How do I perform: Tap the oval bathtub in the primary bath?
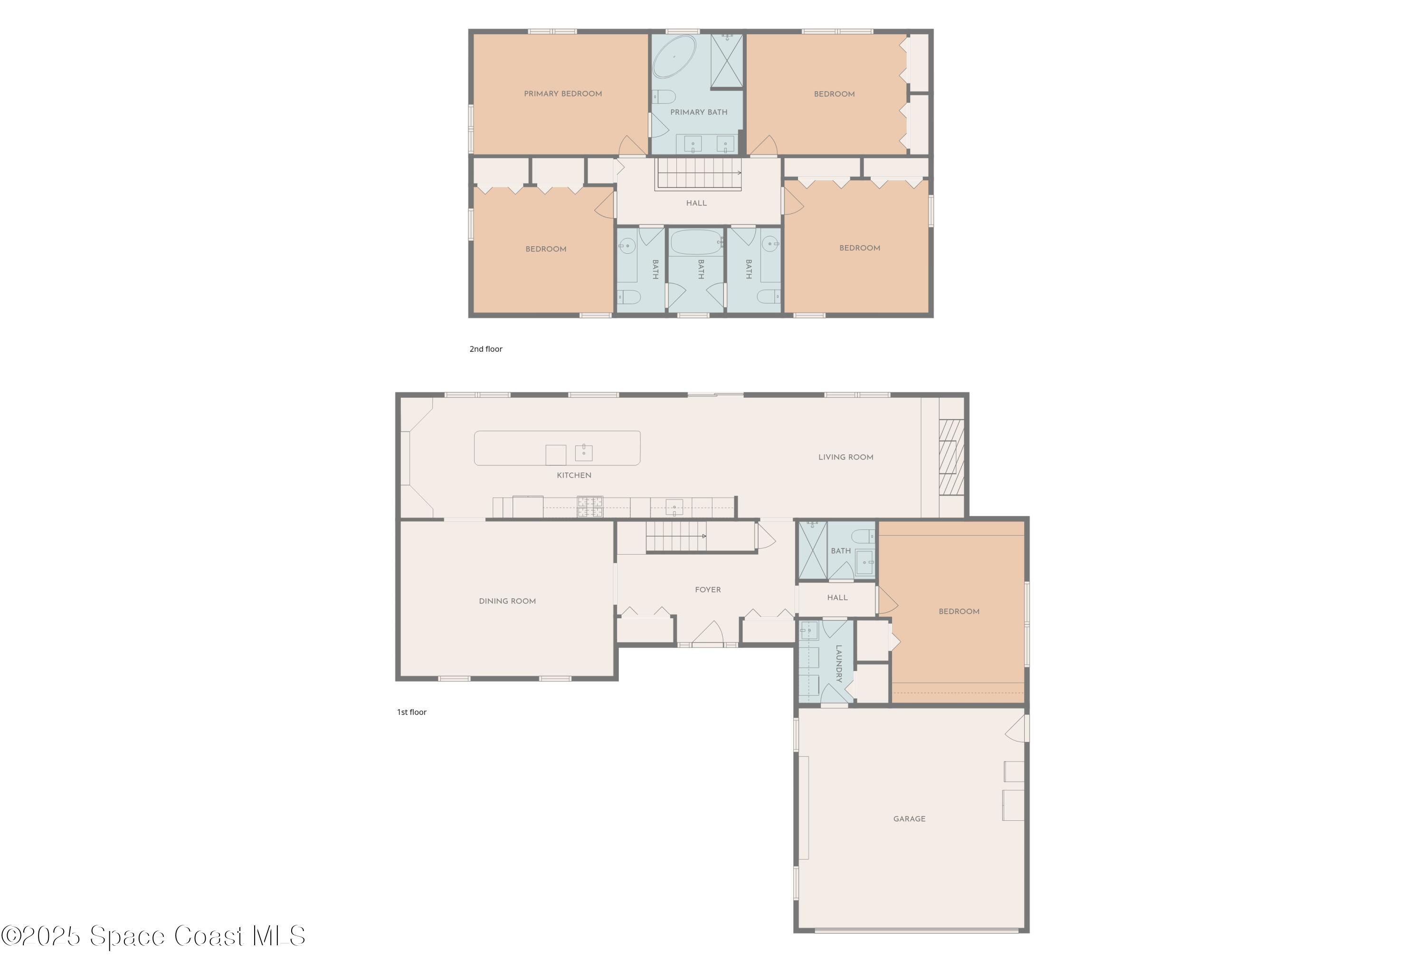pyautogui.click(x=674, y=56)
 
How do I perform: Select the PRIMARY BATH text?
pyautogui.click(x=698, y=112)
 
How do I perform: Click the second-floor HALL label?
pyautogui.click(x=696, y=203)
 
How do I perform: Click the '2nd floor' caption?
pyautogui.click(x=485, y=349)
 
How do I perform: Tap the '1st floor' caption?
pyautogui.click(x=411, y=712)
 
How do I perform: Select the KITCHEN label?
pyautogui.click(x=574, y=475)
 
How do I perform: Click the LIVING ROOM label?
pyautogui.click(x=845, y=458)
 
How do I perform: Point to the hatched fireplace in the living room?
pyautogui.click(x=951, y=457)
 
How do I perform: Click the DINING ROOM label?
pyautogui.click(x=507, y=601)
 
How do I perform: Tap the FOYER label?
pyautogui.click(x=708, y=589)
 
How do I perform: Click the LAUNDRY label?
pyautogui.click(x=838, y=663)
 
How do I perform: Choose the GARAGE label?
pyautogui.click(x=909, y=819)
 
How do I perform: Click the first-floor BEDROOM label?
pyautogui.click(x=959, y=612)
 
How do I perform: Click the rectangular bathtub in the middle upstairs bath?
pyautogui.click(x=696, y=242)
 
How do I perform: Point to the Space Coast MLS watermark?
pyautogui.click(x=153, y=936)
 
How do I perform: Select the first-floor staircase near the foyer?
pyautogui.click(x=675, y=537)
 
